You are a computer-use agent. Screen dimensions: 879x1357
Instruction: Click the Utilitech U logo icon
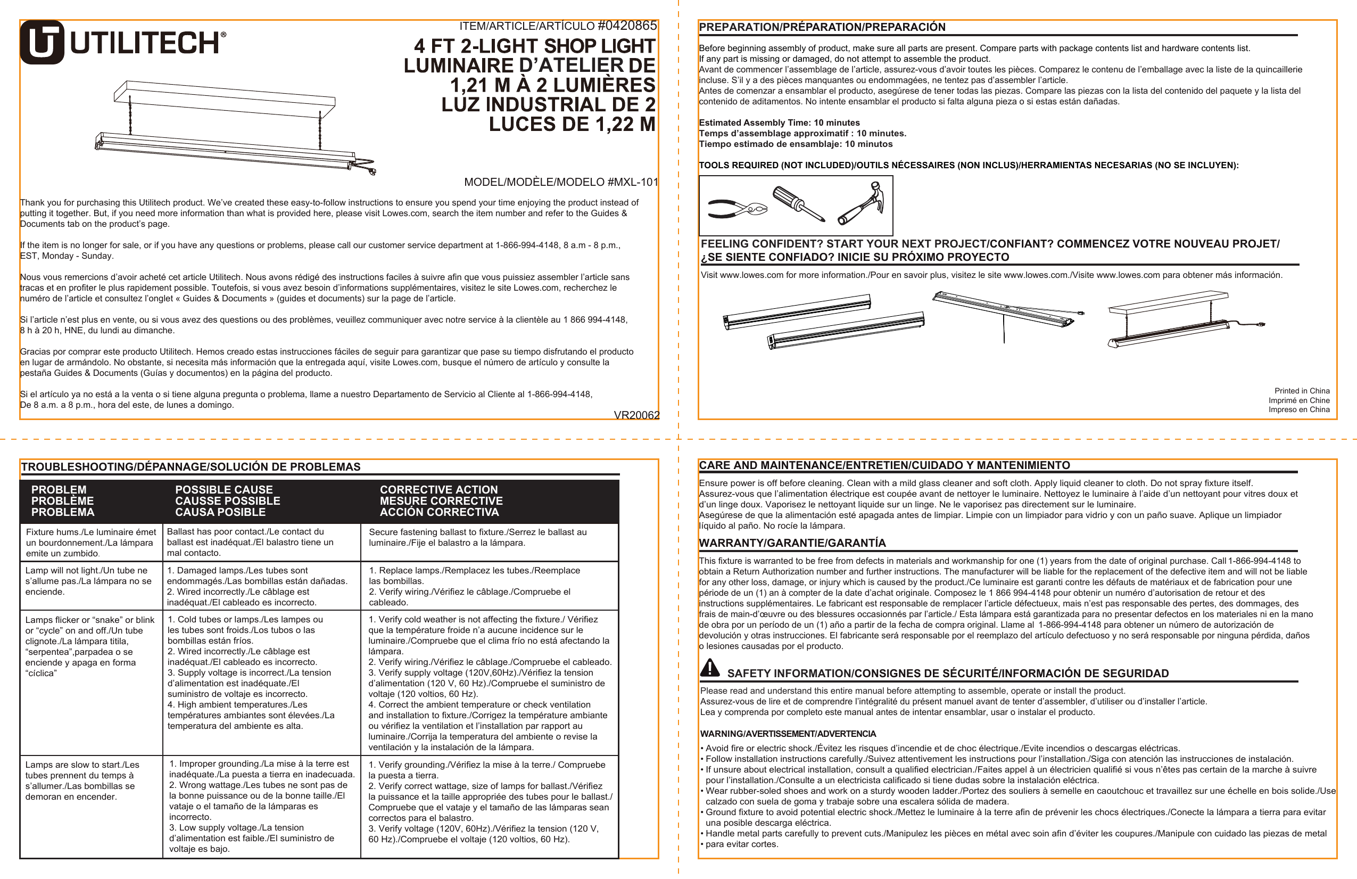click(42, 42)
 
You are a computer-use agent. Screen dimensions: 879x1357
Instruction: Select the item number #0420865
click(627, 26)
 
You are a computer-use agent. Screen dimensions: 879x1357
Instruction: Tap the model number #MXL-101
click(632, 182)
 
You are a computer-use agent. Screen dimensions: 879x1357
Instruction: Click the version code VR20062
click(636, 415)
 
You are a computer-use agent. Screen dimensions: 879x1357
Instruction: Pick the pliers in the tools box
click(737, 209)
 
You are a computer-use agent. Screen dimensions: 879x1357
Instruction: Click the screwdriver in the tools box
click(798, 203)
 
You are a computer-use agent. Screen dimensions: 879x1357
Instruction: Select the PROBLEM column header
click(62, 501)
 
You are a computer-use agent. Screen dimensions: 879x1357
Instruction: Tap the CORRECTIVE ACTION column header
click(441, 501)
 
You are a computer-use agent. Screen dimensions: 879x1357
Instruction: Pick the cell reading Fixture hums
click(90, 543)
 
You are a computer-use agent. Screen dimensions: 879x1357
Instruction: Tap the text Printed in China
click(1302, 391)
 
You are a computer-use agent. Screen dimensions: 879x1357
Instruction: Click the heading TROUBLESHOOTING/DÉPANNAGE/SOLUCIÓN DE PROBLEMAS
click(191, 466)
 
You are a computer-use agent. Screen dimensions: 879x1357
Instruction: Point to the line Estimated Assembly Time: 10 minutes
click(779, 122)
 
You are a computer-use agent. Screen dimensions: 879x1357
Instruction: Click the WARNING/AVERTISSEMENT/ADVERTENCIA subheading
click(788, 734)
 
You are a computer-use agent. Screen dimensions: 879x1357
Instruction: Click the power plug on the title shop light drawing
click(372, 170)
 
